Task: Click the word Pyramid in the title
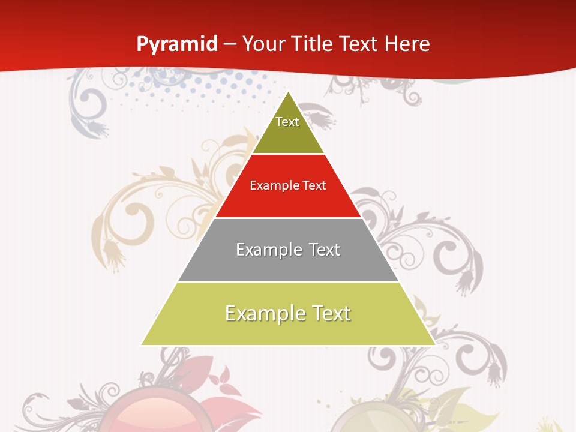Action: (x=176, y=44)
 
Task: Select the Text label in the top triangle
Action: (x=287, y=122)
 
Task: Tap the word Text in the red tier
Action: (x=314, y=185)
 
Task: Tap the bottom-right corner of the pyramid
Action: (x=434, y=344)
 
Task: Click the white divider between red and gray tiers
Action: (x=288, y=218)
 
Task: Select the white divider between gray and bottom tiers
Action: (x=288, y=281)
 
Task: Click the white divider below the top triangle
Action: (x=288, y=154)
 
